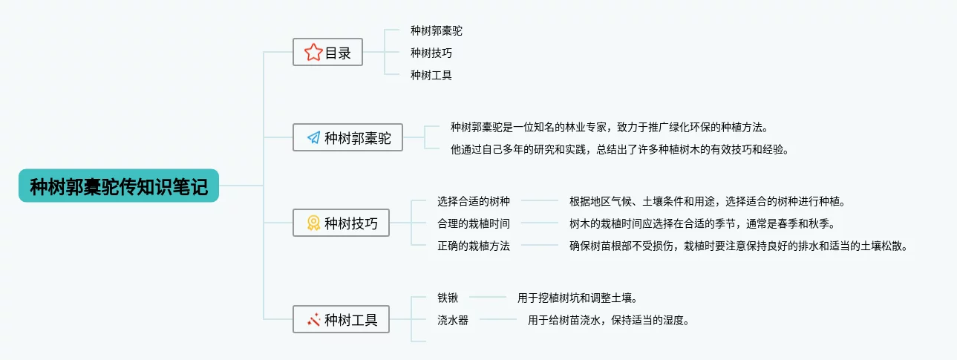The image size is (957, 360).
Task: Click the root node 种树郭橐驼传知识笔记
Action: [119, 186]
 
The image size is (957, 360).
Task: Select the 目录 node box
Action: [327, 52]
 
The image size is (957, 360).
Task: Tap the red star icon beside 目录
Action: [313, 52]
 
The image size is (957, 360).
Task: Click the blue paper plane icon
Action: [313, 138]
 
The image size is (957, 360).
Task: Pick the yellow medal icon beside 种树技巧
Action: [313, 223]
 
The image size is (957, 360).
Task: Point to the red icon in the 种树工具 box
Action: [313, 320]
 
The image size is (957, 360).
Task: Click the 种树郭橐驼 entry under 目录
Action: [436, 30]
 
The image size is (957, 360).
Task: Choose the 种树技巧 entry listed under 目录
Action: [431, 53]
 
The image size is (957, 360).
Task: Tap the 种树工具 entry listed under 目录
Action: [431, 75]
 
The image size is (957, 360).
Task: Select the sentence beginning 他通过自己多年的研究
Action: [619, 149]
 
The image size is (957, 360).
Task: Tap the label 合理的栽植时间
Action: [473, 223]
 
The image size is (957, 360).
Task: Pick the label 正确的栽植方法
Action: [473, 246]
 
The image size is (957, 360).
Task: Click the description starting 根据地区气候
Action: [708, 201]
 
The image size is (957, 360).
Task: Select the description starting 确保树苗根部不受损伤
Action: [738, 246]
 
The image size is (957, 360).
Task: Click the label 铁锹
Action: [448, 298]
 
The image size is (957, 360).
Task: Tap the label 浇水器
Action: [452, 321]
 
